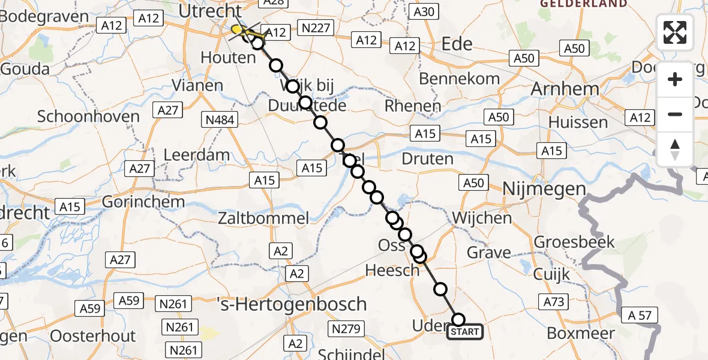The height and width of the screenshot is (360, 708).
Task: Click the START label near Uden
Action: (x=465, y=332)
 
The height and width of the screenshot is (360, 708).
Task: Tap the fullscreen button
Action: (x=675, y=32)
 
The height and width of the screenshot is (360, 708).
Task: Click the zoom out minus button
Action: (x=675, y=114)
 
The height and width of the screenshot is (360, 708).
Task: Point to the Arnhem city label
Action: (x=565, y=89)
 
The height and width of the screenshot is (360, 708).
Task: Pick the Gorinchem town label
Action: (x=143, y=201)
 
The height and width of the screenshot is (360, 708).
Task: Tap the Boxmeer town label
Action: (x=582, y=333)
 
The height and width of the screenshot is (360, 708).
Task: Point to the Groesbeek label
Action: (x=574, y=242)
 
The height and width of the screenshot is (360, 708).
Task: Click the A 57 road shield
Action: (x=641, y=315)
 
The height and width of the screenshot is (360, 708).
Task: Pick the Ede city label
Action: (x=457, y=44)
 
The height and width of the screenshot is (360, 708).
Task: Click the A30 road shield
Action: (x=424, y=11)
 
